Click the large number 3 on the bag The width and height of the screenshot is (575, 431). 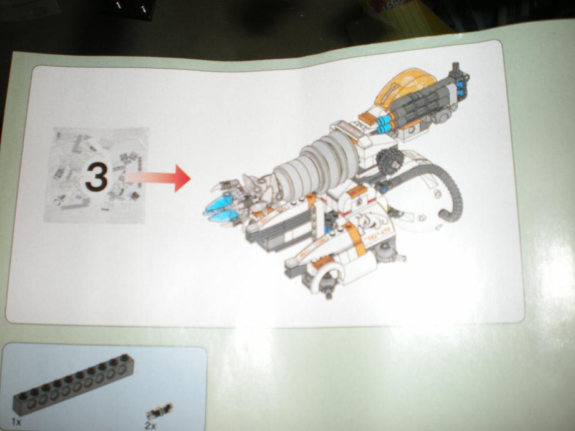coord(97,177)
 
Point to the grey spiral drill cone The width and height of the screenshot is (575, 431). coord(318,165)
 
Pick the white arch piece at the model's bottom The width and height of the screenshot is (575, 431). coord(328,271)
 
